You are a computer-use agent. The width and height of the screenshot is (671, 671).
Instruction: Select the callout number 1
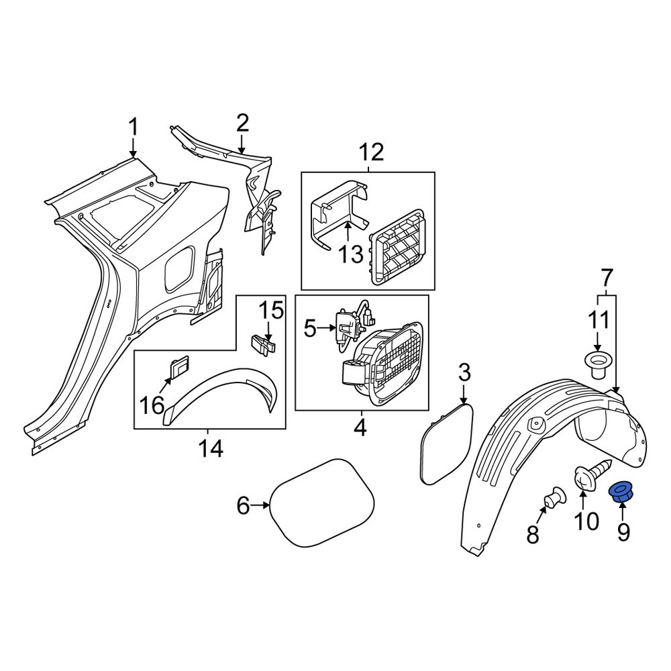[x=133, y=126]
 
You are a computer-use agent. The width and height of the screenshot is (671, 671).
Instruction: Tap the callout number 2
[x=242, y=123]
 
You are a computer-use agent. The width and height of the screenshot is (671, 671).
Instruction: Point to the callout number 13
[x=350, y=255]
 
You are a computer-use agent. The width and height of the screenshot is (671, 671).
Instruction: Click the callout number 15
[x=272, y=311]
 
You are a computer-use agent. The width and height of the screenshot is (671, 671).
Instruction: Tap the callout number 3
[x=465, y=372]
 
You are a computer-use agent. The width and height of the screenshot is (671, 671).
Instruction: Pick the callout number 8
[x=532, y=534]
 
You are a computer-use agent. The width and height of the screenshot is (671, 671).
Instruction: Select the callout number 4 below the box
[x=360, y=427]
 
